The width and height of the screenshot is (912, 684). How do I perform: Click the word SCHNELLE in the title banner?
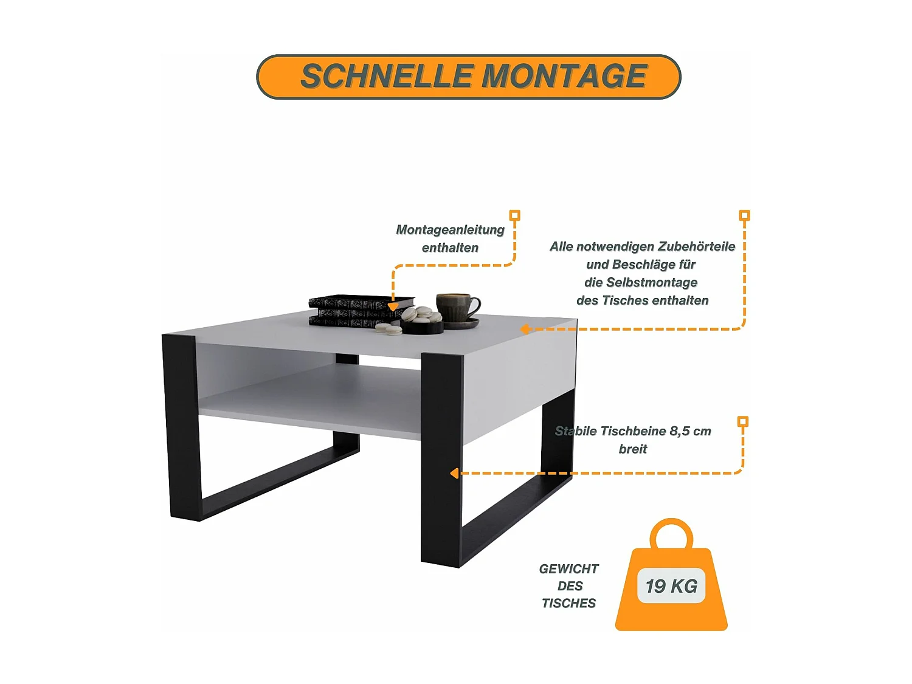[387, 77]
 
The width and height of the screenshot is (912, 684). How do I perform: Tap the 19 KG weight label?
[671, 586]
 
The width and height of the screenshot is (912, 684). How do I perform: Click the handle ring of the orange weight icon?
[671, 533]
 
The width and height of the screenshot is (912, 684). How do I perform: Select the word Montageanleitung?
[450, 230]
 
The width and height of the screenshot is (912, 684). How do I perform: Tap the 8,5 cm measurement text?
[690, 431]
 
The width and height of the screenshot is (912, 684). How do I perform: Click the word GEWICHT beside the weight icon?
[568, 569]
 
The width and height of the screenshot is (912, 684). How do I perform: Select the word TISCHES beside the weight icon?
[568, 603]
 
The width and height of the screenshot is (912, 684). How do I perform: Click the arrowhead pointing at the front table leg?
[454, 473]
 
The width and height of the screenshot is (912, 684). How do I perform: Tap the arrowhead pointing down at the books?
[393, 307]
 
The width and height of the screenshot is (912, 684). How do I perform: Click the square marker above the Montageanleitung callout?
[514, 215]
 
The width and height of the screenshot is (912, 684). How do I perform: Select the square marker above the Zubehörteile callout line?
[744, 215]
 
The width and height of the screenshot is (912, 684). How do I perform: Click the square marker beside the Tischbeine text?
[742, 421]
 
